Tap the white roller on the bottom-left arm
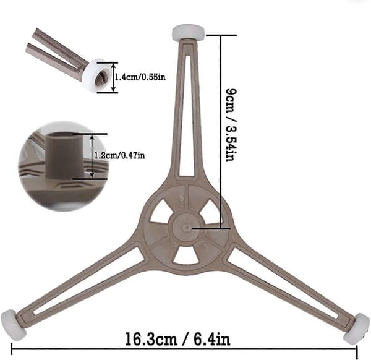[10, 325]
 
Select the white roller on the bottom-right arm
[356, 328]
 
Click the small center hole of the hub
[187, 228]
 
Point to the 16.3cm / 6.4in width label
[177, 340]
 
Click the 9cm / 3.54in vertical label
[231, 125]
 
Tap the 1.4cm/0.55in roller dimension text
[140, 77]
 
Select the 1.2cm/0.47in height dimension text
[119, 155]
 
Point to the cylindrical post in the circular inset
[64, 155]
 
